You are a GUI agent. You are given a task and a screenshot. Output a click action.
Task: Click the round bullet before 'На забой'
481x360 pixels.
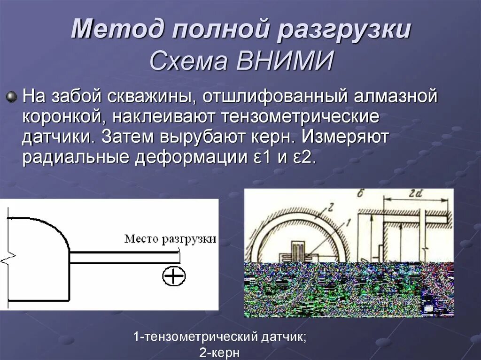[11, 97]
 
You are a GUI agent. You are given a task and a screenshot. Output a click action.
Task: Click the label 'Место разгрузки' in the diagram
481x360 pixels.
[170, 239]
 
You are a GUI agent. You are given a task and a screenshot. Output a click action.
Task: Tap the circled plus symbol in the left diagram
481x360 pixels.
[174, 276]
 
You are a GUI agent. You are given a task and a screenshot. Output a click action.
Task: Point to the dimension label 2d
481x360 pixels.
[414, 194]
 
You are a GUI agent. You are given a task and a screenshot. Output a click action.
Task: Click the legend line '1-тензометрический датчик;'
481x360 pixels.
[220, 337]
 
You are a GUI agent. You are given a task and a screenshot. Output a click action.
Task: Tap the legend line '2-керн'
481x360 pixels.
[220, 352]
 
